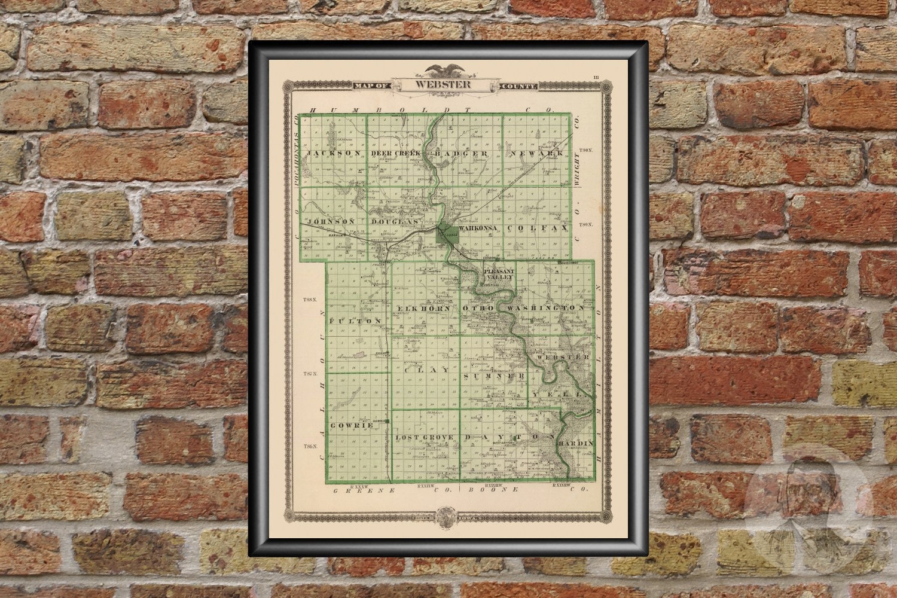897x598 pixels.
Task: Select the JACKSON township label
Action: tap(334, 153)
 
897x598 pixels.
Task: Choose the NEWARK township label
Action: tap(537, 154)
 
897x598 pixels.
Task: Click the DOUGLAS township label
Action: tap(393, 222)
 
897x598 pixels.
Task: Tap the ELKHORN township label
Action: tap(423, 308)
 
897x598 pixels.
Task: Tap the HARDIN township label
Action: tap(575, 443)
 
